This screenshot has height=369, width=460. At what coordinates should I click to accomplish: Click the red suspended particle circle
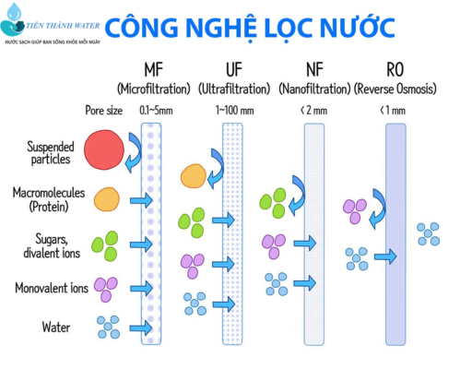pos(104,149)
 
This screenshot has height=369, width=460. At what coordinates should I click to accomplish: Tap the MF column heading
pos(153,70)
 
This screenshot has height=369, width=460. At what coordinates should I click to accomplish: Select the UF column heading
pos(234,70)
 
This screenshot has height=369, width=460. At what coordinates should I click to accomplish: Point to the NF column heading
pos(314,70)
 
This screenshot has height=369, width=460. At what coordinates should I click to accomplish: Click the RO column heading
pos(395,70)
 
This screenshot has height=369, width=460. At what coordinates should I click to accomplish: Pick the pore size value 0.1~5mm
pos(156,111)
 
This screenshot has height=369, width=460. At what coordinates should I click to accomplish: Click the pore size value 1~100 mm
pos(235,111)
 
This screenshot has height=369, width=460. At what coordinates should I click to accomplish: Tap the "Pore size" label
pos(104,111)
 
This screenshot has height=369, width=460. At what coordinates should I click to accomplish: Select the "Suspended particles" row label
pos(51,153)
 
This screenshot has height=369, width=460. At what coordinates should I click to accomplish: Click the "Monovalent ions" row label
pos(52,288)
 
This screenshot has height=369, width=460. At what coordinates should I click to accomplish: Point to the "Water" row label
pos(56,327)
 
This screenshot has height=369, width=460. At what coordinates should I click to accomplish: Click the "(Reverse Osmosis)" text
pos(395,89)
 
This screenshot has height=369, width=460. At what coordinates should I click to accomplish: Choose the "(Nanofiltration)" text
pos(314,89)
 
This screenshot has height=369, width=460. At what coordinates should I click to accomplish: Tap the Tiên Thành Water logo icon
pos(13,20)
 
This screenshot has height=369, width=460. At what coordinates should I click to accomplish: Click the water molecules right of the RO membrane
pos(429,234)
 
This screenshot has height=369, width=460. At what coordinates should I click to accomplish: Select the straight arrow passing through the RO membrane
pos(385,256)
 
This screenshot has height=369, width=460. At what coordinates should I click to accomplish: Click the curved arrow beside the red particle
pos(134,152)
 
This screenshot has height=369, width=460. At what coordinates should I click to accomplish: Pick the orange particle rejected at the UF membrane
pos(194,176)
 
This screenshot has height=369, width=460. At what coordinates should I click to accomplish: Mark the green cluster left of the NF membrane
pos(273,203)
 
